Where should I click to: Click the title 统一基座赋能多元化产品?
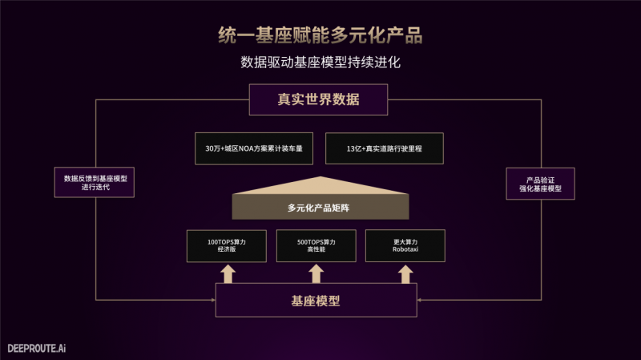[320, 35]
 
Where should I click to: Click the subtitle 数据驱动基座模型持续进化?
[320, 62]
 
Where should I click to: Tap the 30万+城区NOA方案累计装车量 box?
[252, 149]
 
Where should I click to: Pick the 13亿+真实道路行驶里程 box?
[384, 149]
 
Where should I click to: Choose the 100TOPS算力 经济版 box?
[227, 246]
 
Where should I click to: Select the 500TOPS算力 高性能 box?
[316, 246]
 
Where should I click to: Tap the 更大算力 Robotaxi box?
[405, 246]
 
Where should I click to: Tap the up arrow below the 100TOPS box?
[227, 273]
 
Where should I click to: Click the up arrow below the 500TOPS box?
[316, 273]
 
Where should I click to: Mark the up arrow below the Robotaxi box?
[405, 273]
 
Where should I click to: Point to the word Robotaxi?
[405, 251]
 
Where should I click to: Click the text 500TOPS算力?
[316, 241]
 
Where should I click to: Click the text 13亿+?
[356, 149]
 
